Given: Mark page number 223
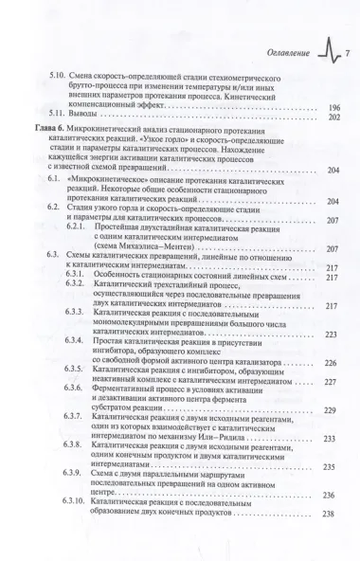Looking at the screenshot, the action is click(331, 335).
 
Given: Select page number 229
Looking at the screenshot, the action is click(331, 410).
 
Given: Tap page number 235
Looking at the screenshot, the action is click(331, 469).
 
